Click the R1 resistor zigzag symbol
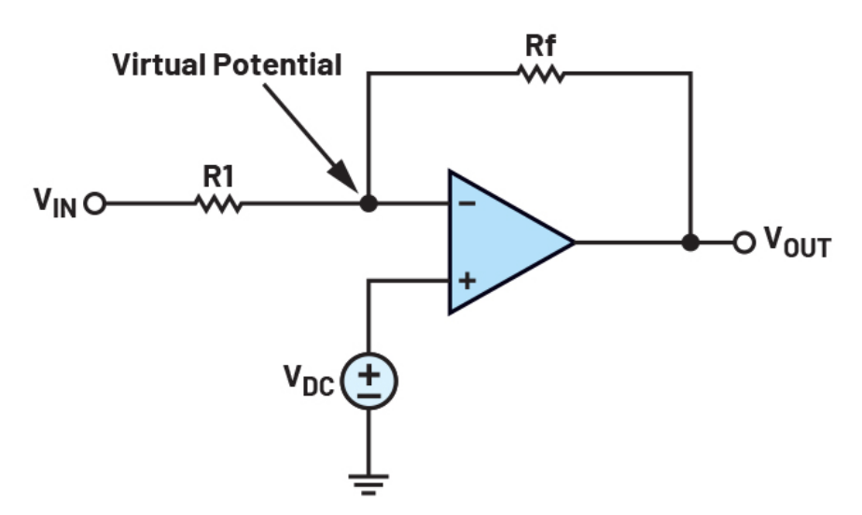pos(219,203)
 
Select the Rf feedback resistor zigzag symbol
pos(541,73)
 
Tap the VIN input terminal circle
pos(95,203)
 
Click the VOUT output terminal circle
pos(744,243)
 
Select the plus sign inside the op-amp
pos(466,281)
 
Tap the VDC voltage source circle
pos(368,381)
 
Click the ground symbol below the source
pos(368,484)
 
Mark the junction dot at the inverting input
pos(368,203)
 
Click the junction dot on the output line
pos(690,243)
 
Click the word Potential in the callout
pos(277,64)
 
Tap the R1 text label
pos(219,177)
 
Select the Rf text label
pos(541,46)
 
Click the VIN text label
pos(55,202)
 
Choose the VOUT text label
pos(798,243)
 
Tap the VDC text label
pos(309,381)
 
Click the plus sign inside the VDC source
pos(368,374)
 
